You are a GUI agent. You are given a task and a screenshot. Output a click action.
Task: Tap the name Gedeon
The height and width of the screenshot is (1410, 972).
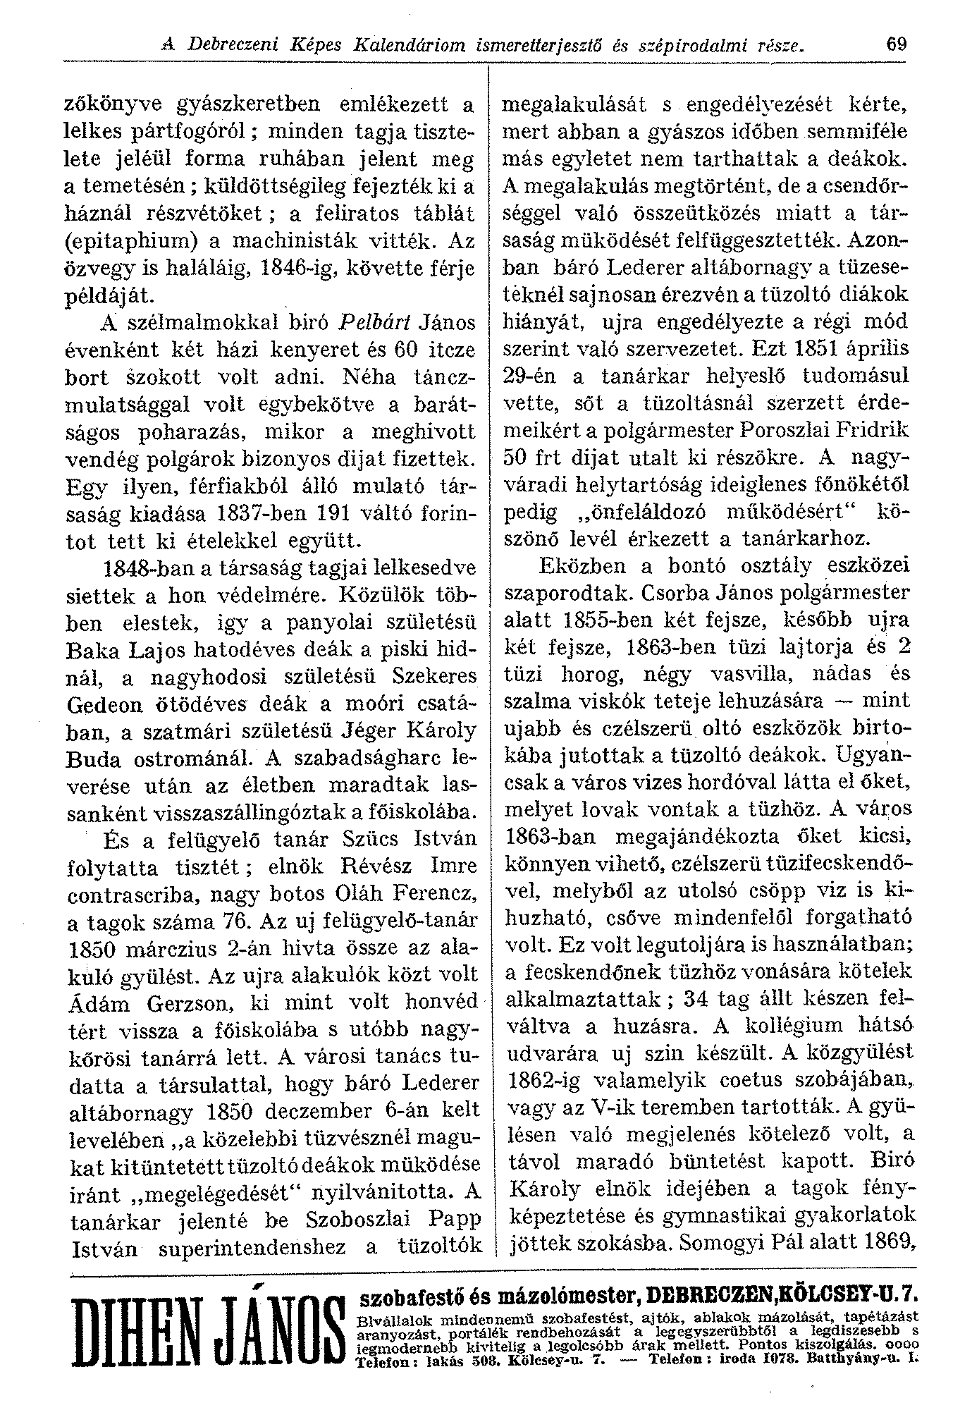[x=102, y=704]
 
